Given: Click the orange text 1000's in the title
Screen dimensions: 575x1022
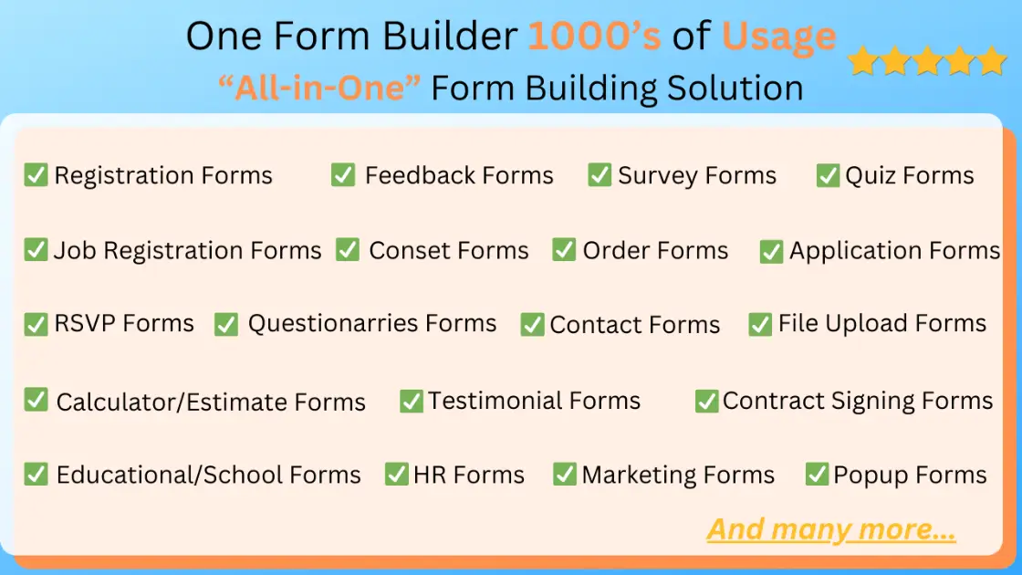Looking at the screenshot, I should [595, 37].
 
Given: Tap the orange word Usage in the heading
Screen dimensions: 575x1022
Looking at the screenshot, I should [778, 37].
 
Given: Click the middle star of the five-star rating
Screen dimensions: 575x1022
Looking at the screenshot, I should [926, 61].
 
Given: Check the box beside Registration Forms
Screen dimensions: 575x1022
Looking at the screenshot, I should [36, 174].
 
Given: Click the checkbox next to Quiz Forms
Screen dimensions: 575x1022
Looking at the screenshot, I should [828, 175].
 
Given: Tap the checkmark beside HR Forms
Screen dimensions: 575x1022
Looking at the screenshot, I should [396, 475].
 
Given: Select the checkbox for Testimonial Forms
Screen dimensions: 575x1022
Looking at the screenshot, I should [412, 401].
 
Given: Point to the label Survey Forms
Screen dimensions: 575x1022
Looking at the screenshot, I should [697, 175].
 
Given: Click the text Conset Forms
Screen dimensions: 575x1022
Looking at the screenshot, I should [449, 250].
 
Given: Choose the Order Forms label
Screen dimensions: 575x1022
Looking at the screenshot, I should [655, 250].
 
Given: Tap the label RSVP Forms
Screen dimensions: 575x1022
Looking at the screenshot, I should [124, 323].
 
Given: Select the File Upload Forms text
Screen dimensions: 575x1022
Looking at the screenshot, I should [882, 323].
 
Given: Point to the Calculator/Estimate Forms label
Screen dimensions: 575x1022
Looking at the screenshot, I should [211, 402].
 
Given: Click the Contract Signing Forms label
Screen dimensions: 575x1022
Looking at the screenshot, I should [858, 401].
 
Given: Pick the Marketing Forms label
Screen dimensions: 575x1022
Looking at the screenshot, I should [678, 475].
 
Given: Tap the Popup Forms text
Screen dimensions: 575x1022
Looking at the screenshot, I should [910, 475].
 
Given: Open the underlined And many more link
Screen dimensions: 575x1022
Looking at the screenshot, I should [831, 529].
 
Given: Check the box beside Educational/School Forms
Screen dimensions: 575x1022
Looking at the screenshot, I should [36, 474].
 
